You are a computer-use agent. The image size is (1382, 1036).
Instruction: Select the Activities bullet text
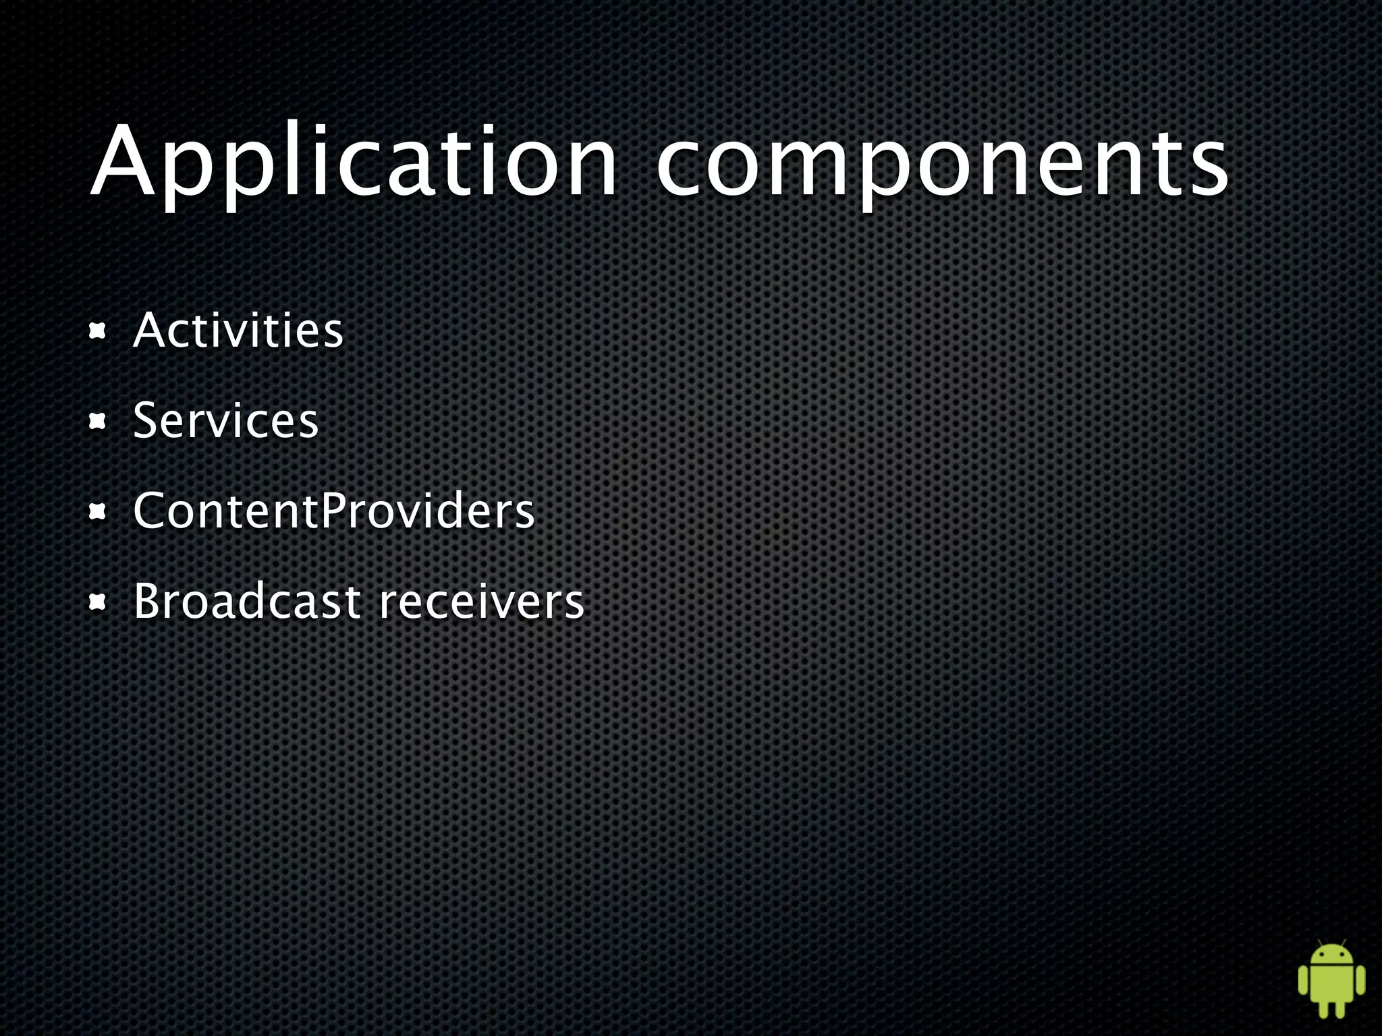click(238, 330)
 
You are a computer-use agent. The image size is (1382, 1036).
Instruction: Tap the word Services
click(225, 421)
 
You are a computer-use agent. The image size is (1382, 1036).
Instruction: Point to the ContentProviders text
click(333, 511)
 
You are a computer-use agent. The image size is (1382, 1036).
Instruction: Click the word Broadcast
click(247, 601)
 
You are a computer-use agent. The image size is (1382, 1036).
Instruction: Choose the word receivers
click(480, 602)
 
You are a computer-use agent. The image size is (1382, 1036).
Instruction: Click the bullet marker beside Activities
click(99, 331)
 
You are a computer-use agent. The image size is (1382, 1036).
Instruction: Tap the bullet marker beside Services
click(99, 422)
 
